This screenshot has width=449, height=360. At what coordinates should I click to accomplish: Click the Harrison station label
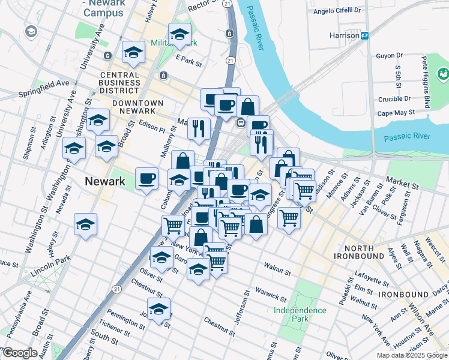tap(344, 35)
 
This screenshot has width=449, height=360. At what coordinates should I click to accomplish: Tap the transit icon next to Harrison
tap(364, 35)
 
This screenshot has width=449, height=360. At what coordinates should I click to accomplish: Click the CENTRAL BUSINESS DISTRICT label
tap(120, 82)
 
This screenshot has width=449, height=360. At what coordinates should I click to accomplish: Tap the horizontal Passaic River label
tap(403, 137)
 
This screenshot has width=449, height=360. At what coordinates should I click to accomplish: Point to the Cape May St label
tap(396, 112)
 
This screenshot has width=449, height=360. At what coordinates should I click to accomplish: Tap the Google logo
tap(20, 353)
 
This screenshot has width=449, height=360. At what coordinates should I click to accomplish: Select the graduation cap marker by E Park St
tap(179, 36)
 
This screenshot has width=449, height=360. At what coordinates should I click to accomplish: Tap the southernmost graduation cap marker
tap(158, 310)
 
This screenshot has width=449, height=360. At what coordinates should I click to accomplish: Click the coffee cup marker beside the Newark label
tap(147, 179)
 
